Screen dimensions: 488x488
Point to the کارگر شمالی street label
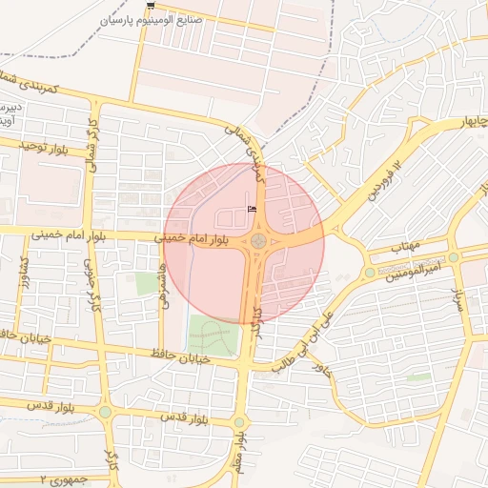click(x=93, y=140)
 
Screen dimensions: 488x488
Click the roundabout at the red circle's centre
click(x=258, y=240)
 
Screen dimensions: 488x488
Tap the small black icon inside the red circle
click(x=253, y=209)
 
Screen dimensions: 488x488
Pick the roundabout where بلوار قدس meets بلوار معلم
click(x=238, y=422)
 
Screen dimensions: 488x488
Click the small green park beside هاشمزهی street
click(x=147, y=283)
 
